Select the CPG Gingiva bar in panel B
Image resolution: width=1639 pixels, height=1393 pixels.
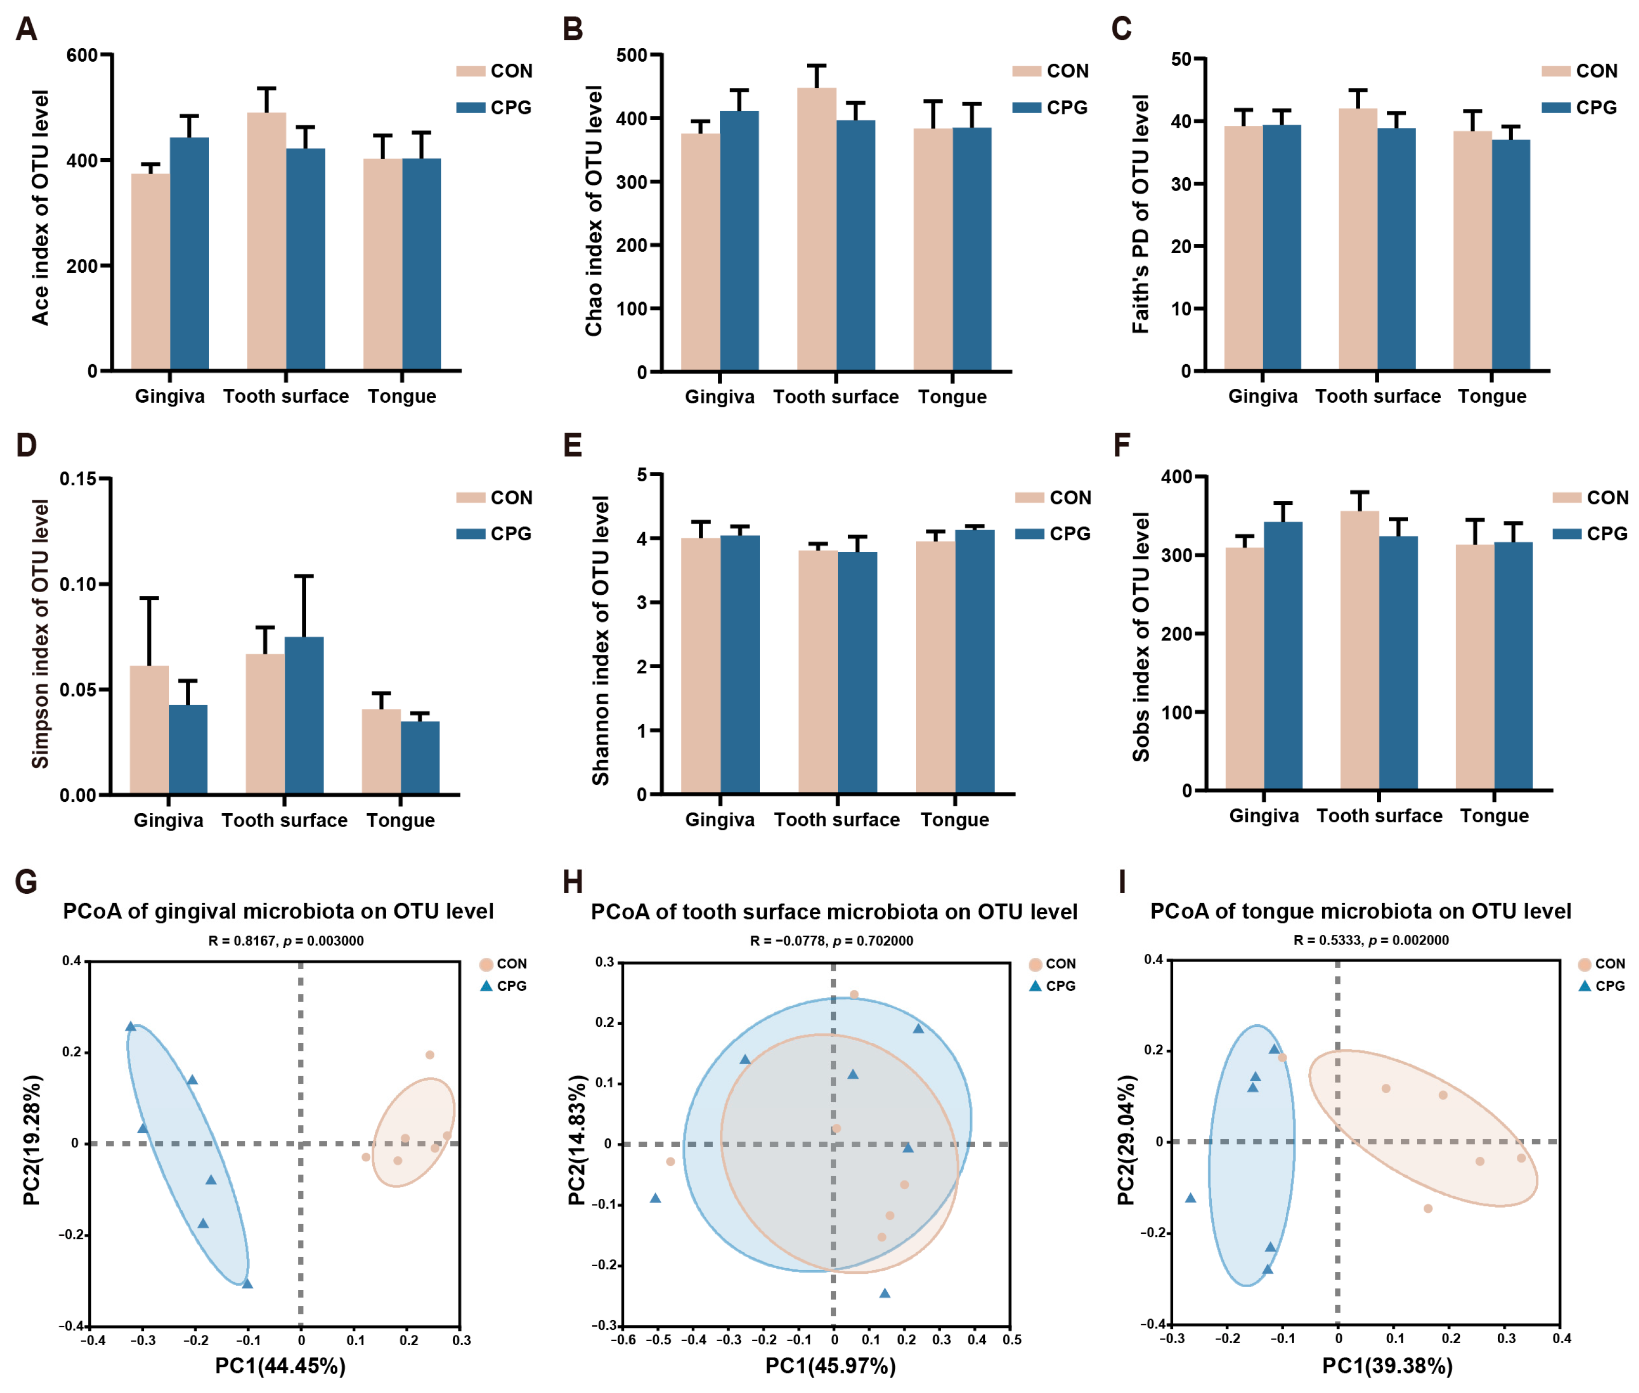[x=739, y=241]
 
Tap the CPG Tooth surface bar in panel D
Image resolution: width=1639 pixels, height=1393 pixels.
[x=304, y=714]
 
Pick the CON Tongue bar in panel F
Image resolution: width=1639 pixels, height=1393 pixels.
[x=1475, y=667]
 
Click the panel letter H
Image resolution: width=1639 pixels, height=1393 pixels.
[x=573, y=882]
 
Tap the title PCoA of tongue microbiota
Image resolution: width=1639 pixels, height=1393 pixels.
[x=1360, y=911]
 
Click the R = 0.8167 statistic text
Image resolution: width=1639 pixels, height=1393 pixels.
[x=286, y=940]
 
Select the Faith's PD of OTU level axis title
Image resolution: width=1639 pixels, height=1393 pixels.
[x=1140, y=214]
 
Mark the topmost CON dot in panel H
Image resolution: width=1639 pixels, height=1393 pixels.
[x=853, y=995]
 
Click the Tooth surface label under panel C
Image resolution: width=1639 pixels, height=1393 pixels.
[x=1378, y=397]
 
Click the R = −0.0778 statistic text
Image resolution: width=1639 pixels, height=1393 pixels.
[x=831, y=940]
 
